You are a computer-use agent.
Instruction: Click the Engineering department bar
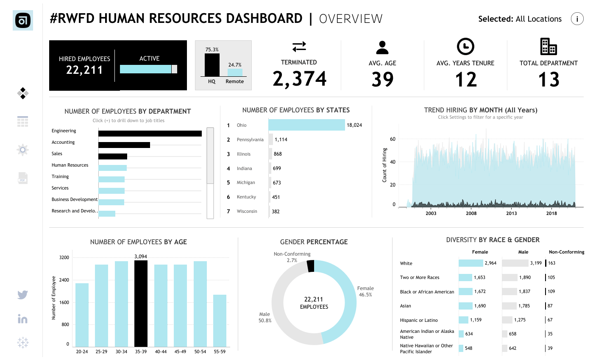(150, 133)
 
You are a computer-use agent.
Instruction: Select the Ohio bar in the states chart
(306, 125)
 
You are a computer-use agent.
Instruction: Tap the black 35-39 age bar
(141, 303)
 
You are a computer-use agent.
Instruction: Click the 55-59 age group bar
(220, 321)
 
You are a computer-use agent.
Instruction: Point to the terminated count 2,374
(299, 79)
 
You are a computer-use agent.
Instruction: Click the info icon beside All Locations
(577, 19)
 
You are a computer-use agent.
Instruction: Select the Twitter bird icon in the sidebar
(23, 295)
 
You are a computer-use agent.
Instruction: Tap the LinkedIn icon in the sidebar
(23, 319)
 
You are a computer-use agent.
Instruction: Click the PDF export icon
(23, 178)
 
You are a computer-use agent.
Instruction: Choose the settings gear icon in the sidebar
(23, 150)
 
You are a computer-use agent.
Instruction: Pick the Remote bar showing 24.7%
(234, 73)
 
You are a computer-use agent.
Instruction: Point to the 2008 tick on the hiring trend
(471, 213)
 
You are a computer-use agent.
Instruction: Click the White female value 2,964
(490, 263)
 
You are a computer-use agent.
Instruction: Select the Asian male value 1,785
(536, 306)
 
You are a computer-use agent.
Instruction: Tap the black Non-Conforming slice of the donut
(310, 266)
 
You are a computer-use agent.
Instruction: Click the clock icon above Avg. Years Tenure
(465, 46)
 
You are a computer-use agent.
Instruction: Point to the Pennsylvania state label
(250, 140)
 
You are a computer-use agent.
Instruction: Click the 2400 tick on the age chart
(64, 280)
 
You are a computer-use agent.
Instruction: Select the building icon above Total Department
(548, 46)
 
